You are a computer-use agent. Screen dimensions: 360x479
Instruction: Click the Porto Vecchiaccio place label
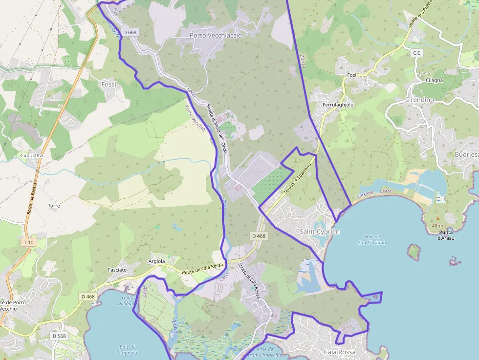click(x=216, y=36)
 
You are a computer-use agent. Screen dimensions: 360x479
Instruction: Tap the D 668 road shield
click(x=130, y=32)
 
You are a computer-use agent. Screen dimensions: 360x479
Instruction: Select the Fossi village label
click(x=109, y=85)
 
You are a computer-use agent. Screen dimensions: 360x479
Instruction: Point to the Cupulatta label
click(x=31, y=155)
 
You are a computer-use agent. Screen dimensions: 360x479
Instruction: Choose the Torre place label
click(x=54, y=206)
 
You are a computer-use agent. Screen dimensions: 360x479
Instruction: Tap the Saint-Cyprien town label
click(x=319, y=231)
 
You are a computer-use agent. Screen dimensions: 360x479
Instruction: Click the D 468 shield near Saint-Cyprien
click(x=259, y=236)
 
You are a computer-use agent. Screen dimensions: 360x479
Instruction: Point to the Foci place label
click(x=351, y=75)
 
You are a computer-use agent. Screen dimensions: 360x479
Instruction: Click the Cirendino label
click(x=419, y=100)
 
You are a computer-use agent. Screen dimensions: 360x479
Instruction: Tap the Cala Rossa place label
click(x=339, y=352)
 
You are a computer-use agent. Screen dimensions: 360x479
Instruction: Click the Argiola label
click(x=157, y=261)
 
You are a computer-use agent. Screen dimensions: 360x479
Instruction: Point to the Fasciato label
click(x=117, y=270)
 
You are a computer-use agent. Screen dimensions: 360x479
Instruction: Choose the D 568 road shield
click(x=59, y=336)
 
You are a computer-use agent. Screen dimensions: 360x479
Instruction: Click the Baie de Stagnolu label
click(x=127, y=350)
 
